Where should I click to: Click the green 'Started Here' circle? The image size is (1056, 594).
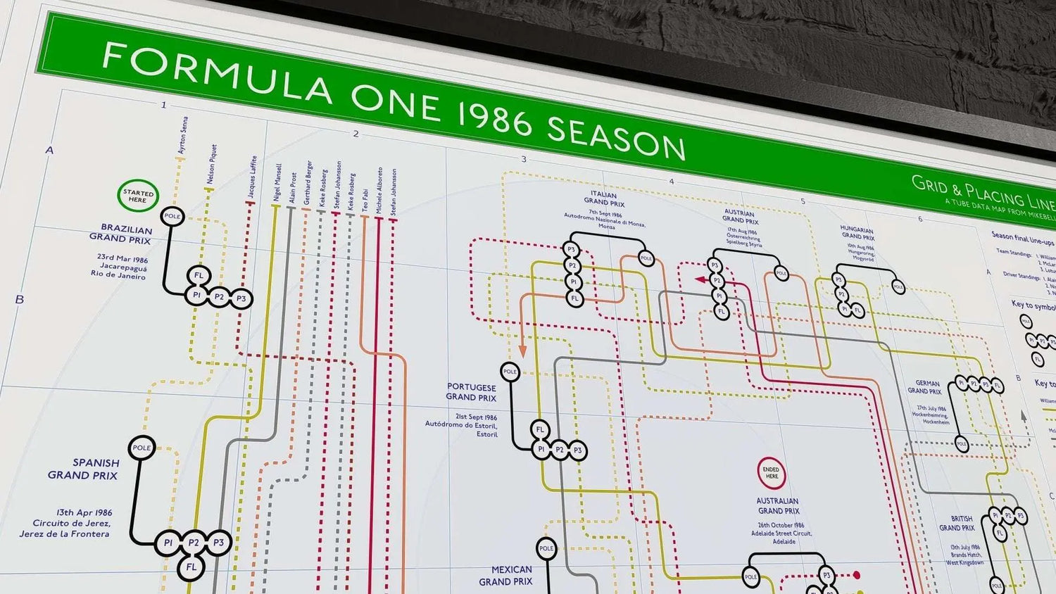tap(138, 196)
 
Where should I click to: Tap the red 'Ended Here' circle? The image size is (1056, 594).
tap(771, 473)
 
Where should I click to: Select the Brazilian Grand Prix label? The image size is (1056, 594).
tap(121, 234)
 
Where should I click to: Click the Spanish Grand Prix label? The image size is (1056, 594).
tap(84, 469)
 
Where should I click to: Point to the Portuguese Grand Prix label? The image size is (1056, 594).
tap(471, 392)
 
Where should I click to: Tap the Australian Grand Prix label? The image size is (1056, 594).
tap(778, 505)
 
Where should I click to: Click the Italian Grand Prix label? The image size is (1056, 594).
tap(604, 198)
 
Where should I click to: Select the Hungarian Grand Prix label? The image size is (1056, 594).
tap(857, 233)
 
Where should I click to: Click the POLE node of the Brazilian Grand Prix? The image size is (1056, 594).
tap(172, 216)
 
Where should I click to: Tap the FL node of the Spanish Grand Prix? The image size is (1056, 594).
tap(191, 567)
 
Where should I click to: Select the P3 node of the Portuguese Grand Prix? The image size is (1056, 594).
tap(578, 450)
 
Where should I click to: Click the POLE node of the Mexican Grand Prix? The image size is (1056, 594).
tap(546, 548)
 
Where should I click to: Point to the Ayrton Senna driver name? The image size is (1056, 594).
tap(182, 135)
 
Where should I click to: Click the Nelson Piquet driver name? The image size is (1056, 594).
tap(211, 164)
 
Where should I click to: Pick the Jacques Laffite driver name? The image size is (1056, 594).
tap(252, 177)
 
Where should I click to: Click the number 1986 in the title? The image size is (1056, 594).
tap(492, 117)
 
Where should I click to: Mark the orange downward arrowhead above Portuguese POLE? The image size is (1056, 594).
tap(523, 350)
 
